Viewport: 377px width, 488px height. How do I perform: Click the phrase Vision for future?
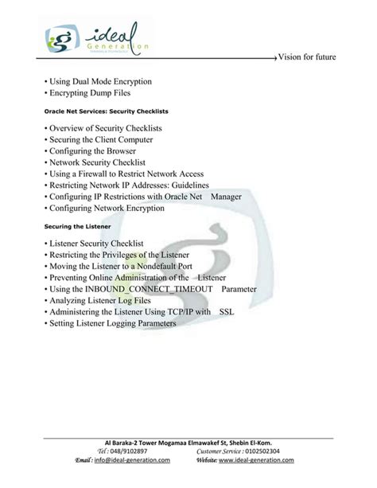tap(325, 58)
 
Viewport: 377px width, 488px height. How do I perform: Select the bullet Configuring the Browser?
tap(92, 150)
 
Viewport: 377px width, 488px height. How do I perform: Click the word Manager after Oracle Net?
tap(227, 197)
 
